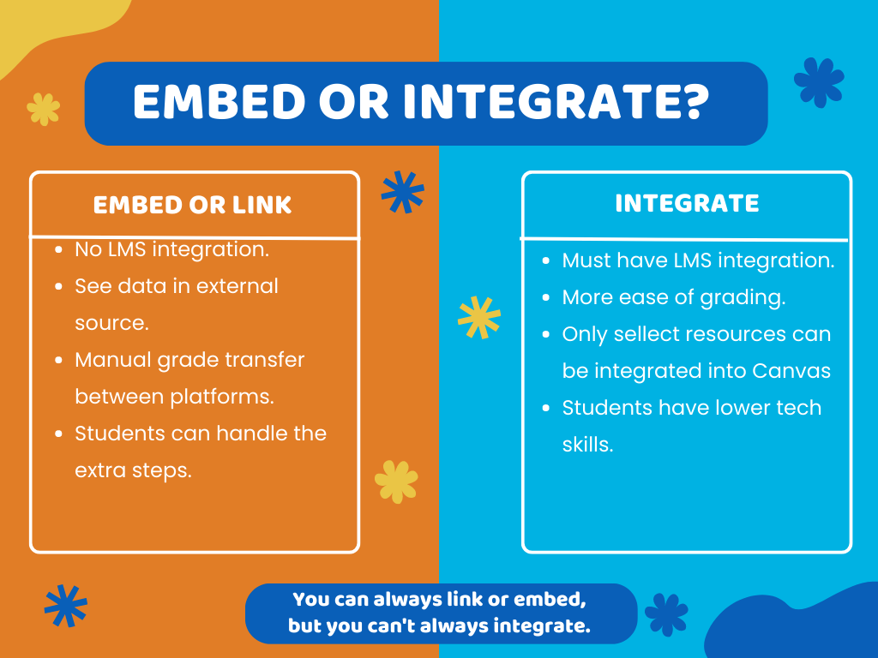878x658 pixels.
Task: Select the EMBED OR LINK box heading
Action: pos(193,206)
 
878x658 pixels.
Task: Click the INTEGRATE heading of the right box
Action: pos(687,204)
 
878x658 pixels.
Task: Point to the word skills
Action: pos(587,445)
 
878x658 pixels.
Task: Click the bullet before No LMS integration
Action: pos(57,250)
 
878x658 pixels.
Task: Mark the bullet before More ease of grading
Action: pos(546,298)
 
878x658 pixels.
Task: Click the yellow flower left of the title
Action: pos(44,109)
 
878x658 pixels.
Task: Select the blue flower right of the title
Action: pos(819,82)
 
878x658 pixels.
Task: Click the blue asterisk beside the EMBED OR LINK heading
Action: pos(402,192)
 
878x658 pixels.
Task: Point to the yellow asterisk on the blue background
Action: pos(478,318)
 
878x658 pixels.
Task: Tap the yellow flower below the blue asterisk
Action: pos(396,482)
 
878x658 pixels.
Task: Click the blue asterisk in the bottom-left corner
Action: pos(66,606)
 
